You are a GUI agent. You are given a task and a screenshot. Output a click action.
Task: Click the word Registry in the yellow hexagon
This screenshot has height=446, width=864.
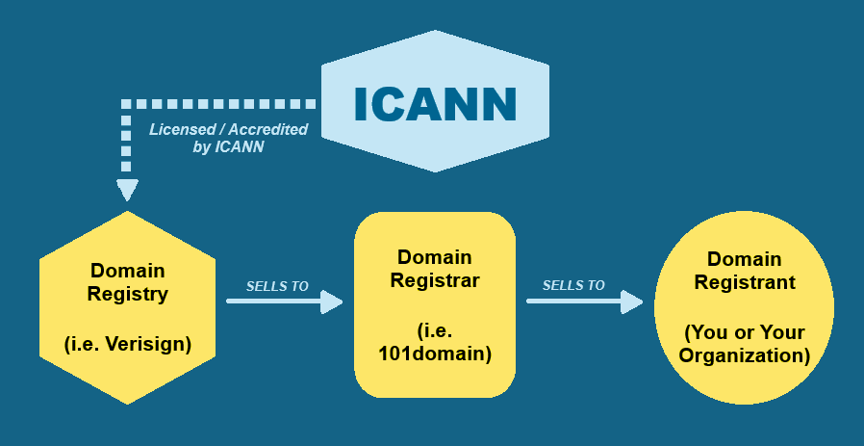127,295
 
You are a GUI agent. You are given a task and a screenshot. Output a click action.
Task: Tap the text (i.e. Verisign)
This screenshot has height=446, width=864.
127,343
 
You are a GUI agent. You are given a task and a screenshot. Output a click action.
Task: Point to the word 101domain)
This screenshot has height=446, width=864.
435,354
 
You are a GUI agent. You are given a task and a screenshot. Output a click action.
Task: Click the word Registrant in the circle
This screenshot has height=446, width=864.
745,282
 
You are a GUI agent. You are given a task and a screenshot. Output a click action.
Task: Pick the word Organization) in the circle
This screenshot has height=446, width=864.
745,355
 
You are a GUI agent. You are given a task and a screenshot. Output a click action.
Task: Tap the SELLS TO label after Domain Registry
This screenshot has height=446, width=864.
277,286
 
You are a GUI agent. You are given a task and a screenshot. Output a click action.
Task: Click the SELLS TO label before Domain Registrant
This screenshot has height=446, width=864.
573,285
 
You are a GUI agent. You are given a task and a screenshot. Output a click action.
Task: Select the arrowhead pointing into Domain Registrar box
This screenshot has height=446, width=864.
332,302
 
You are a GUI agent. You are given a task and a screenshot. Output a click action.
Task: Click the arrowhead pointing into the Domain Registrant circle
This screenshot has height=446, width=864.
632,302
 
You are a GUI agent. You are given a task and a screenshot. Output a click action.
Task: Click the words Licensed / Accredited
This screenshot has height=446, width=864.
228,129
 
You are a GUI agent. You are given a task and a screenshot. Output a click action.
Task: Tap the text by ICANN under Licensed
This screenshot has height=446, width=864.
228,147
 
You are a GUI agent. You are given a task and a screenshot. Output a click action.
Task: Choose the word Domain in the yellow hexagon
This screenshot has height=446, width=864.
127,271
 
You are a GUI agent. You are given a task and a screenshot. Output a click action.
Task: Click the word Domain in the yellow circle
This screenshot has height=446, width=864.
745,258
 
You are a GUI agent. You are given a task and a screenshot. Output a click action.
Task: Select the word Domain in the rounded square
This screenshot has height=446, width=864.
435,257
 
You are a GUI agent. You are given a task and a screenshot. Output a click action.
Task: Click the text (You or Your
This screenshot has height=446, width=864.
745,332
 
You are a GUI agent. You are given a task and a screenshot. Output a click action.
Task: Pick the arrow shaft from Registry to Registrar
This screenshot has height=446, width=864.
274,302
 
